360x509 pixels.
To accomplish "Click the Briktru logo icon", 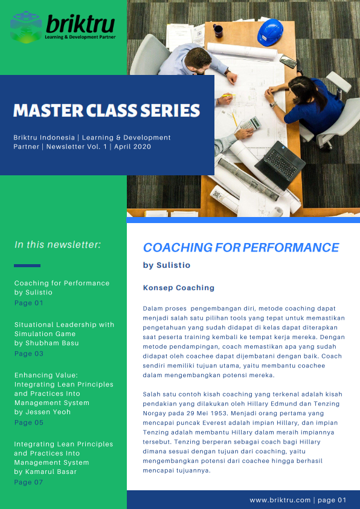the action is pos(26,27).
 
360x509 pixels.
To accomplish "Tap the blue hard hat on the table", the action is pos(270,32).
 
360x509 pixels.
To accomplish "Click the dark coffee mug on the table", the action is pos(218,31).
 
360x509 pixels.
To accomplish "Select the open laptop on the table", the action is pos(280,164).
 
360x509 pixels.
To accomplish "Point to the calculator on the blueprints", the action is pos(250,124).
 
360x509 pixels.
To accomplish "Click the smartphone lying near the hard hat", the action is pos(288,61).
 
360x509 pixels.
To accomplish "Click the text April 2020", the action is pos(132,147).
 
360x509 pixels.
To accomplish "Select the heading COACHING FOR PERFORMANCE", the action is pos(241,247).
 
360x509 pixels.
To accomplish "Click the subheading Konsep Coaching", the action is pos(179,288).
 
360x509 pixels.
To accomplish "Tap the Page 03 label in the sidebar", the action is pos(29,354).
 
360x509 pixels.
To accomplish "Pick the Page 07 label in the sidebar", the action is pos(28,482).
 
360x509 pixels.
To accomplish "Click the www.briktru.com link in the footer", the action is pos(280,501).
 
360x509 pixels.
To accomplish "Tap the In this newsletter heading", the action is pos(58,244).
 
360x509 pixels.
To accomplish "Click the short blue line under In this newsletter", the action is pos(27,265).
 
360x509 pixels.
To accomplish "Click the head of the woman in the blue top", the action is pos(301,87).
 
